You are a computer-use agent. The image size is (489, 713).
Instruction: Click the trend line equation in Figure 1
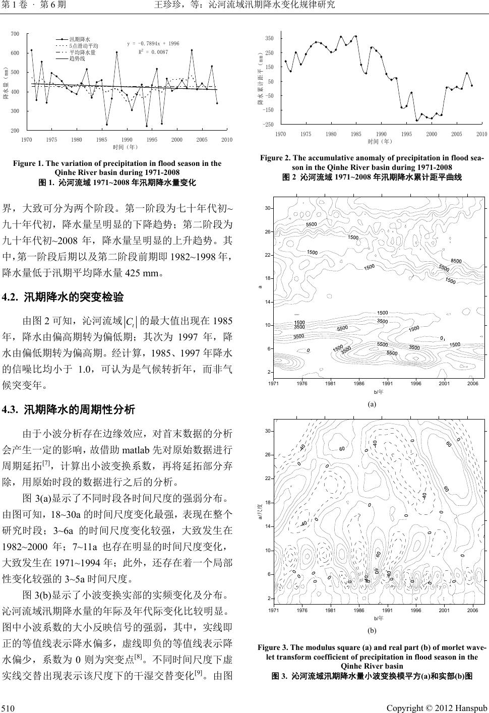153,44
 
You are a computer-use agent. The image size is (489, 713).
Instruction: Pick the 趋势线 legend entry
77,58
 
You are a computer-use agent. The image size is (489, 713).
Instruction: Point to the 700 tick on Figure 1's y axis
15,34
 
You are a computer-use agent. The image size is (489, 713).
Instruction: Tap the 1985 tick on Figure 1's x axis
101,140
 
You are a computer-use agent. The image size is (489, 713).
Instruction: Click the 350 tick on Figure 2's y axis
269,38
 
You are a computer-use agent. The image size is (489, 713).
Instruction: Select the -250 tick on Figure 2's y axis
269,124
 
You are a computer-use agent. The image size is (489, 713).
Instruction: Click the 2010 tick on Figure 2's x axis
481,134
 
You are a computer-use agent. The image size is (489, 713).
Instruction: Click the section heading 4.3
69,409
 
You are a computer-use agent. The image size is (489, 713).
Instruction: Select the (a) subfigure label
372,404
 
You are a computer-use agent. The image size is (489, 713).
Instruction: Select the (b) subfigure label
372,630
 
